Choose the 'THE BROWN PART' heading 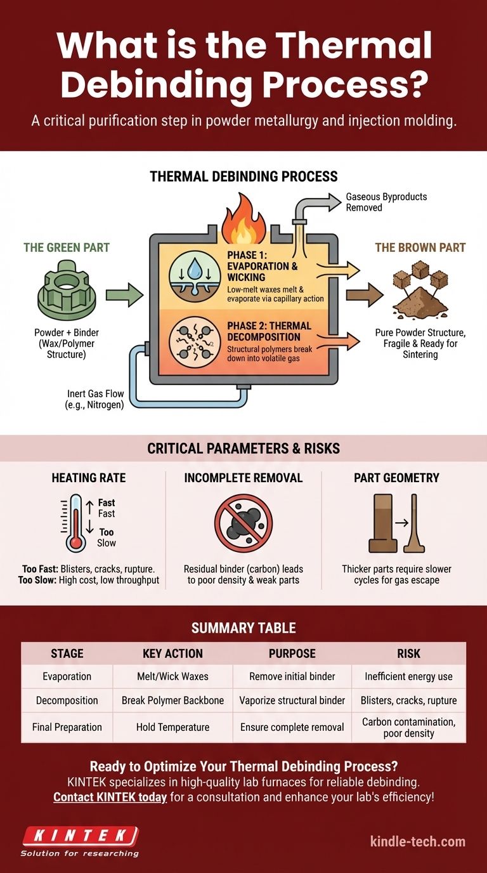(x=420, y=247)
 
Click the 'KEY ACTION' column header (x=172, y=653)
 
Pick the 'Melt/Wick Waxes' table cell (x=172, y=676)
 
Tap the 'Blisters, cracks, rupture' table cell (x=408, y=700)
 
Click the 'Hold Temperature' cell (x=172, y=726)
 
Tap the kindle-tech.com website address (x=417, y=842)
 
